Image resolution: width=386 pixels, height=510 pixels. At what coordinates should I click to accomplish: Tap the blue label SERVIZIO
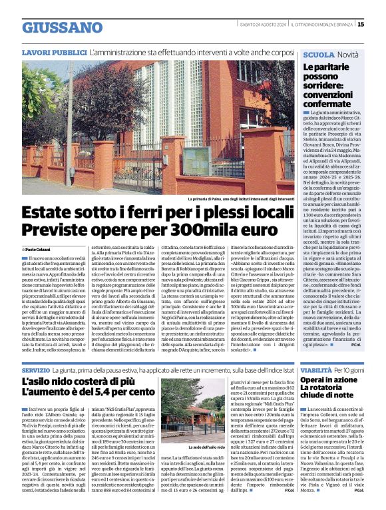point(35,370)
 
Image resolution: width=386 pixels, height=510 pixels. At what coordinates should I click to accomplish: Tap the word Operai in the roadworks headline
point(318,380)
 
